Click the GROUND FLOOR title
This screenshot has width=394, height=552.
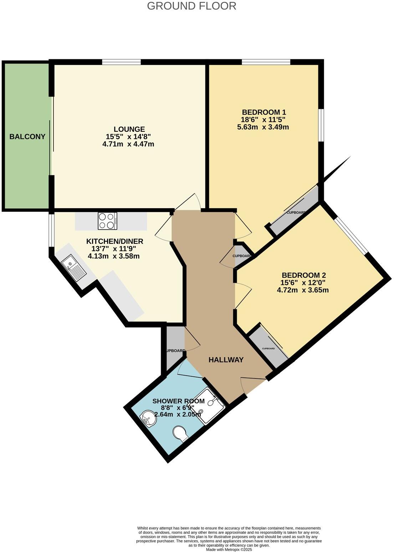click(x=191, y=6)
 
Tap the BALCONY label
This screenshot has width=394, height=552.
click(x=27, y=136)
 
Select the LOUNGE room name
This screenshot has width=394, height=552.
click(x=129, y=129)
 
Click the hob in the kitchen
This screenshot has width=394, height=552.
click(x=107, y=221)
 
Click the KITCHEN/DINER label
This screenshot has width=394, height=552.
click(x=114, y=241)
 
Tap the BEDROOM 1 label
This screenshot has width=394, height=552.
click(x=264, y=112)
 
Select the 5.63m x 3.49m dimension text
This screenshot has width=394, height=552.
click(x=263, y=127)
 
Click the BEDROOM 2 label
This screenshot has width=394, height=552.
click(x=303, y=275)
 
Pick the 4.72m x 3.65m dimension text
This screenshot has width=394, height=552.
click(x=302, y=290)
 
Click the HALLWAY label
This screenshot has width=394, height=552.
click(x=226, y=360)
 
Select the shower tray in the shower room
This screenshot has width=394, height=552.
click(x=210, y=407)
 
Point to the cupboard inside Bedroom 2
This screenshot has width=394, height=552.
click(x=268, y=348)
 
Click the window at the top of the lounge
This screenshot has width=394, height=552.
click(x=121, y=62)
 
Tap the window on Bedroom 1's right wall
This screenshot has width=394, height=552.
click(x=321, y=125)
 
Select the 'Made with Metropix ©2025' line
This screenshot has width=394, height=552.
click(x=229, y=550)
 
